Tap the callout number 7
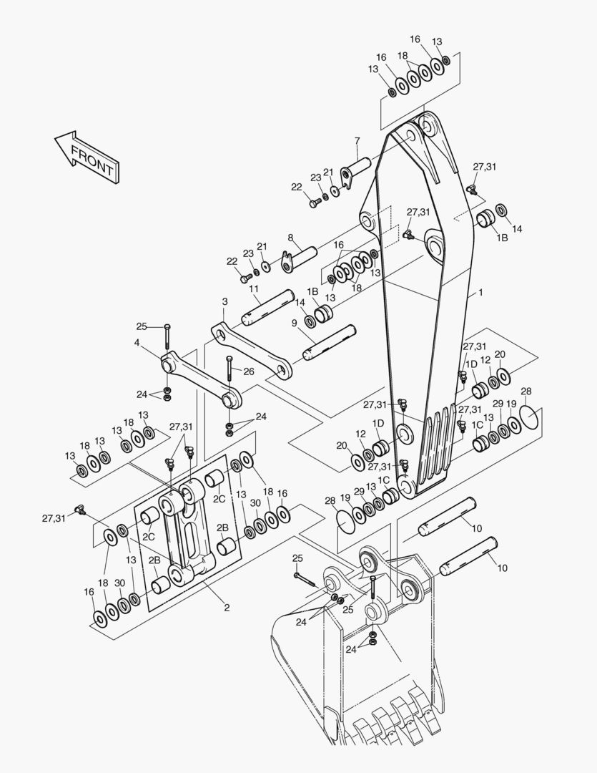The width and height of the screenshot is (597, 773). (x=357, y=140)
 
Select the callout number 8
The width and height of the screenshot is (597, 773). (x=291, y=238)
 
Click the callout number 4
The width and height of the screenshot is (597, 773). (x=137, y=343)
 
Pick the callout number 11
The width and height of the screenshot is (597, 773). (x=254, y=289)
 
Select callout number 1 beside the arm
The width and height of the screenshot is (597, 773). (x=481, y=293)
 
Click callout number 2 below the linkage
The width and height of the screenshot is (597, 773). (x=227, y=608)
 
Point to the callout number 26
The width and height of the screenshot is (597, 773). (x=249, y=371)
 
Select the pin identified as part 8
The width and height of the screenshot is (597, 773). (x=306, y=256)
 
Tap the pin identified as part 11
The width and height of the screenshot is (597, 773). (x=266, y=306)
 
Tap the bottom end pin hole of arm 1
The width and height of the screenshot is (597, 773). (x=407, y=488)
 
